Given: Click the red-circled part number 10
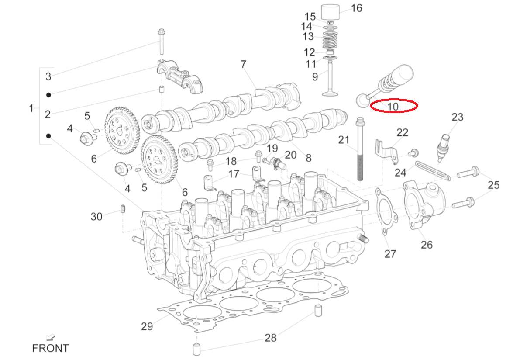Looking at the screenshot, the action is (393, 107).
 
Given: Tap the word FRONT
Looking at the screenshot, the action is (50, 348).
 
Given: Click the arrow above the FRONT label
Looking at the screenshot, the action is (50, 337).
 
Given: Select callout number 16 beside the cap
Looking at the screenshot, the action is (357, 8).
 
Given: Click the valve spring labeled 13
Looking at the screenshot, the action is (330, 40).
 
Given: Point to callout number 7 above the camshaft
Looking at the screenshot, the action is (244, 64).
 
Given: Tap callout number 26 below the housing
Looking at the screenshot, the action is (427, 245).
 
